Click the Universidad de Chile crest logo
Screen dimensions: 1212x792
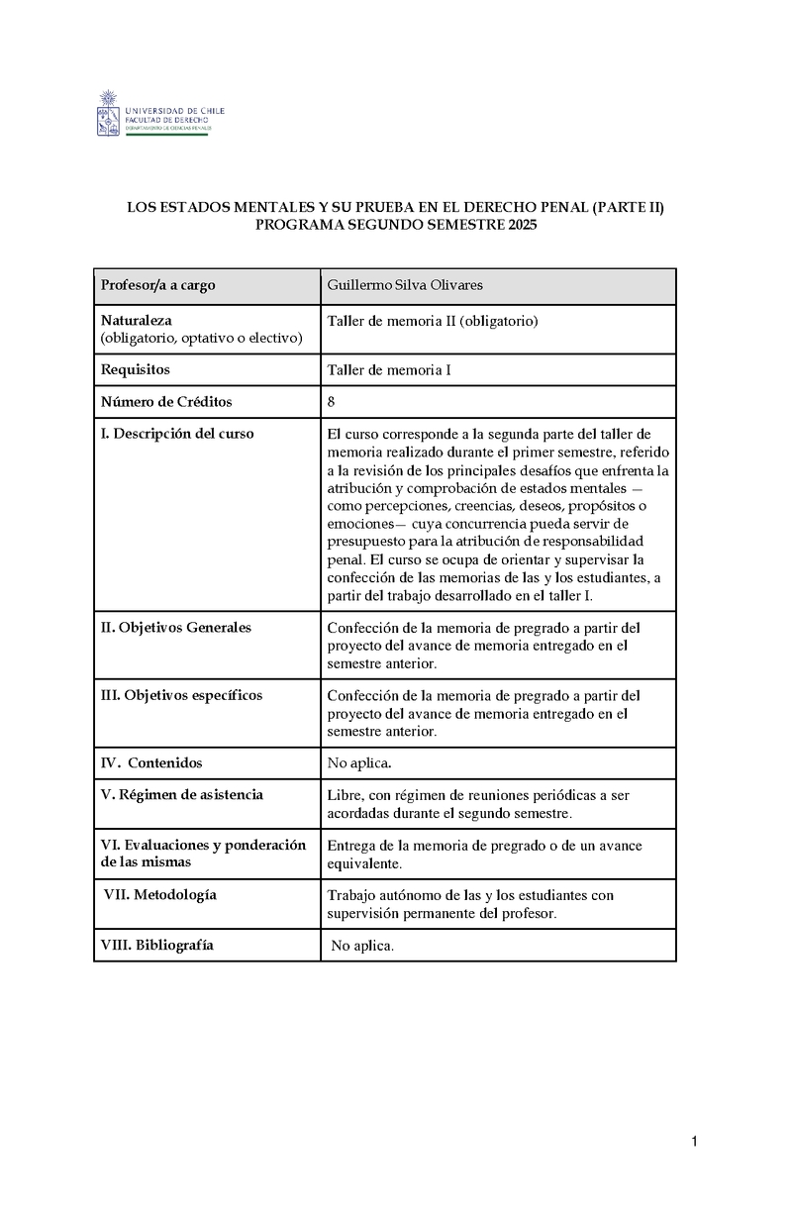(x=108, y=113)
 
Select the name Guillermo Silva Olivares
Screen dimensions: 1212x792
(x=405, y=286)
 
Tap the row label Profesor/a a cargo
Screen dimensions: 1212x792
(x=157, y=286)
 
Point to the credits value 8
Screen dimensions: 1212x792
(x=331, y=401)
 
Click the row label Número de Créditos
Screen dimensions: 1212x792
(x=166, y=401)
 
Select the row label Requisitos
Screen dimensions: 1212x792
(x=136, y=369)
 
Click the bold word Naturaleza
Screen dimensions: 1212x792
(x=137, y=321)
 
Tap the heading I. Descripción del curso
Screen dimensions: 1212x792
(x=177, y=434)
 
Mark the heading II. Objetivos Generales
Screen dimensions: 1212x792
(x=176, y=627)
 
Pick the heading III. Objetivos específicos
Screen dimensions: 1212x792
(x=181, y=695)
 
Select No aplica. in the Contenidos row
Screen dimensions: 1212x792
(x=359, y=762)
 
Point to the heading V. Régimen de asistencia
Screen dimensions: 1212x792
(x=182, y=794)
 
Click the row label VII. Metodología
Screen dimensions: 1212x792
(x=160, y=894)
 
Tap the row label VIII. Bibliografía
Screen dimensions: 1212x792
(x=157, y=945)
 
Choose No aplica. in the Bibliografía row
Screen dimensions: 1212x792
(x=362, y=946)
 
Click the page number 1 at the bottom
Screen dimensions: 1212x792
(x=695, y=1143)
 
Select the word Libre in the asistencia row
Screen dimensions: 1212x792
(x=344, y=795)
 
